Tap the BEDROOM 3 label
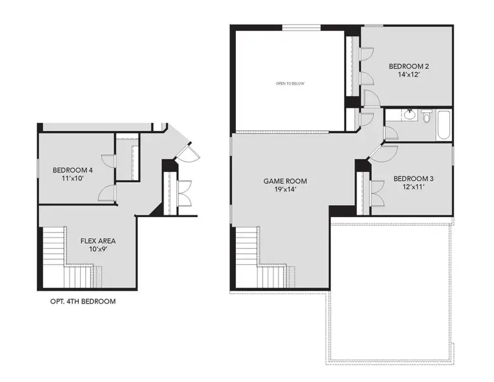click(411, 178)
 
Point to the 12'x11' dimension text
click(411, 187)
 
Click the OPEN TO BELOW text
click(289, 83)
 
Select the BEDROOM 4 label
click(72, 170)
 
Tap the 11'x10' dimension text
click(72, 179)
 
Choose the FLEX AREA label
click(98, 241)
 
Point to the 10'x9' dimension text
click(98, 250)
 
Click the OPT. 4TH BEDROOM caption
click(83, 301)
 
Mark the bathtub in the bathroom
click(443, 125)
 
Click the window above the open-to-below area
click(301, 27)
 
